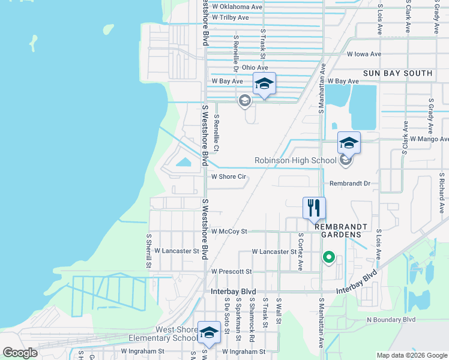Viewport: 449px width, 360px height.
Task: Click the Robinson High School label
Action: (x=295, y=160)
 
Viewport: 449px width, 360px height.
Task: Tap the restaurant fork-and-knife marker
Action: (x=314, y=209)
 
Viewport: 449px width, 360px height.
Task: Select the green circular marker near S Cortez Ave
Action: (x=328, y=257)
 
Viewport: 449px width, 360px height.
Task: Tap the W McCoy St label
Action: (x=229, y=231)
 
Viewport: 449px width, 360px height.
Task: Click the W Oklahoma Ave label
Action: (x=237, y=7)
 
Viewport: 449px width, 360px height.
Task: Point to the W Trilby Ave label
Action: (x=230, y=18)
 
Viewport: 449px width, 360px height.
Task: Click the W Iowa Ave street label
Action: (x=364, y=53)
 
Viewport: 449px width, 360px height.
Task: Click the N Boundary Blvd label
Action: (x=391, y=320)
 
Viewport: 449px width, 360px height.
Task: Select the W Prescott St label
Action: (x=231, y=271)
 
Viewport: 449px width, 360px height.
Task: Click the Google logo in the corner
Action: (x=20, y=353)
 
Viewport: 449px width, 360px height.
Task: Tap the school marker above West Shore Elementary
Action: (x=209, y=333)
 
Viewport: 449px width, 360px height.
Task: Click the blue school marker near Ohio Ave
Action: (x=264, y=85)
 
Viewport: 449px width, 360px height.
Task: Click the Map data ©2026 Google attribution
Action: (x=411, y=355)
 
